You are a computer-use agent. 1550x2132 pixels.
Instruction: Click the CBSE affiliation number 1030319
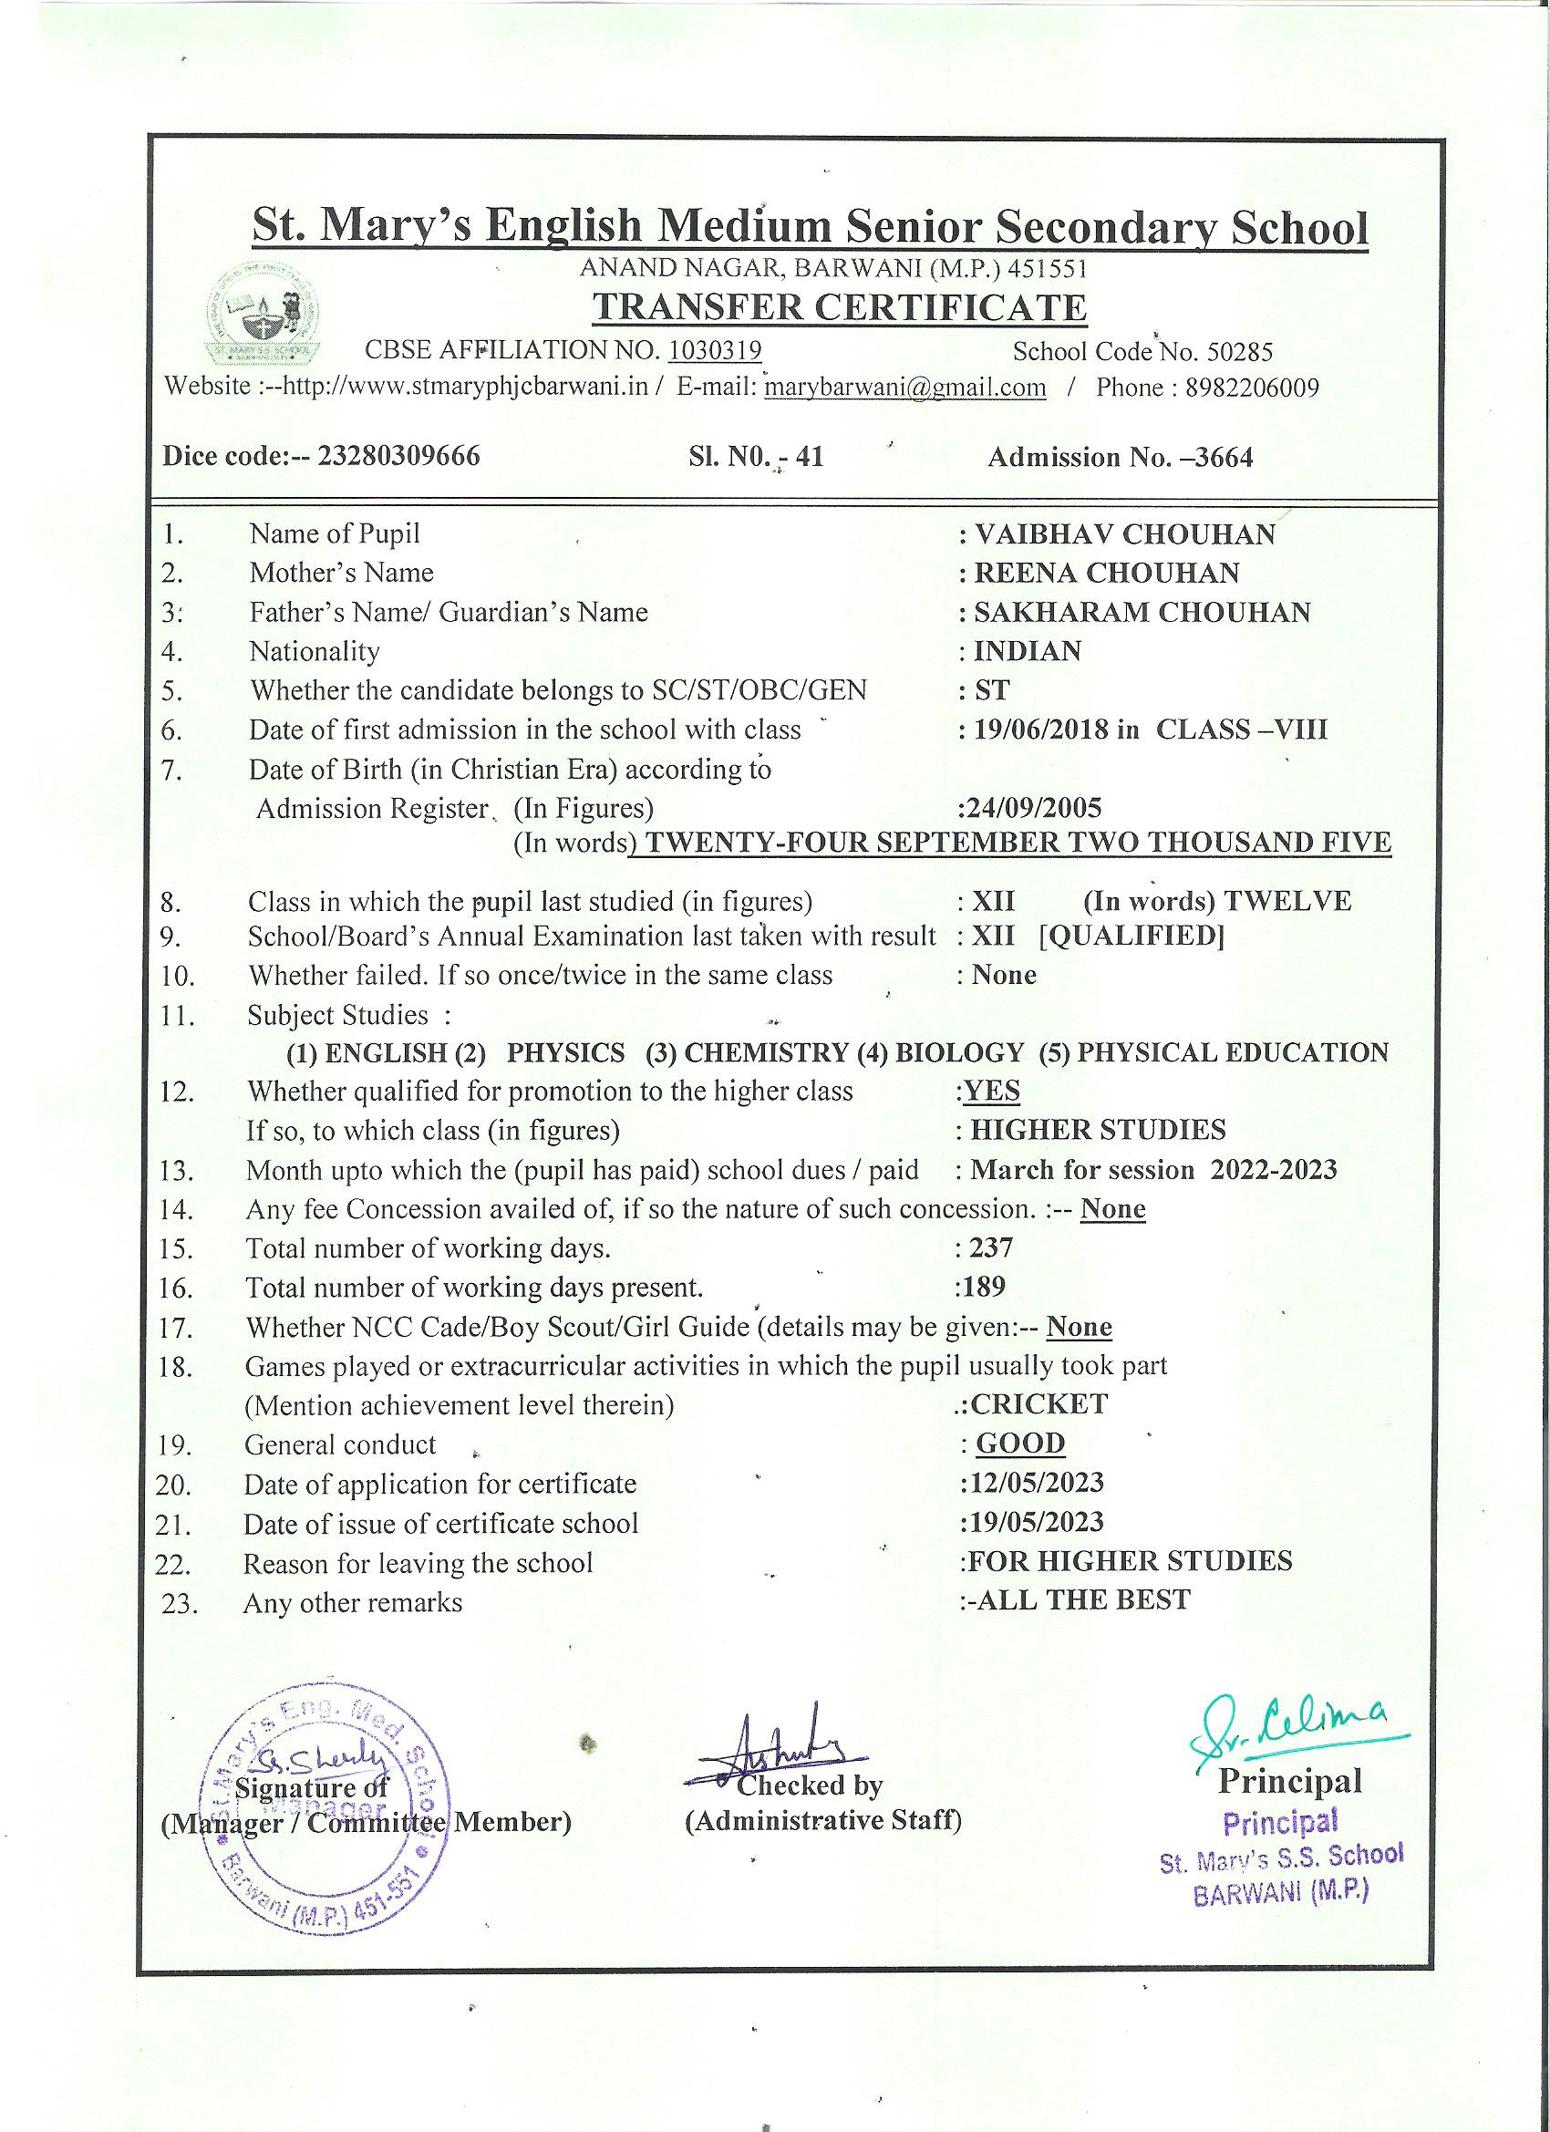coord(715,351)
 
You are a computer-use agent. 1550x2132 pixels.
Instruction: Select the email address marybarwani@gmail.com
coord(905,388)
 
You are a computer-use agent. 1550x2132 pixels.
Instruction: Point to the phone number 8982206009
coord(1252,388)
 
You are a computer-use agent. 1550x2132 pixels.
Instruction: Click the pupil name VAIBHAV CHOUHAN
coord(1124,534)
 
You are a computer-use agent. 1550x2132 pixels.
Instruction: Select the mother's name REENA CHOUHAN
coord(1106,573)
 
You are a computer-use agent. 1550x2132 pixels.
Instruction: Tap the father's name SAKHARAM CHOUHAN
coord(1142,612)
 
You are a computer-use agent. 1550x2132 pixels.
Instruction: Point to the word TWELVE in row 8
coord(1286,901)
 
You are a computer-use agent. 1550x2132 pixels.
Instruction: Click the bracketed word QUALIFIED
coord(1131,937)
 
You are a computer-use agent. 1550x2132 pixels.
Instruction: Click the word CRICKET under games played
coord(1038,1404)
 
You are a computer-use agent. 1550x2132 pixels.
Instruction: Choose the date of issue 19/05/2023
coord(1036,1522)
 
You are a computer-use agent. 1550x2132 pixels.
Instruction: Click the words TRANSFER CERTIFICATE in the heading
coord(841,307)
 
